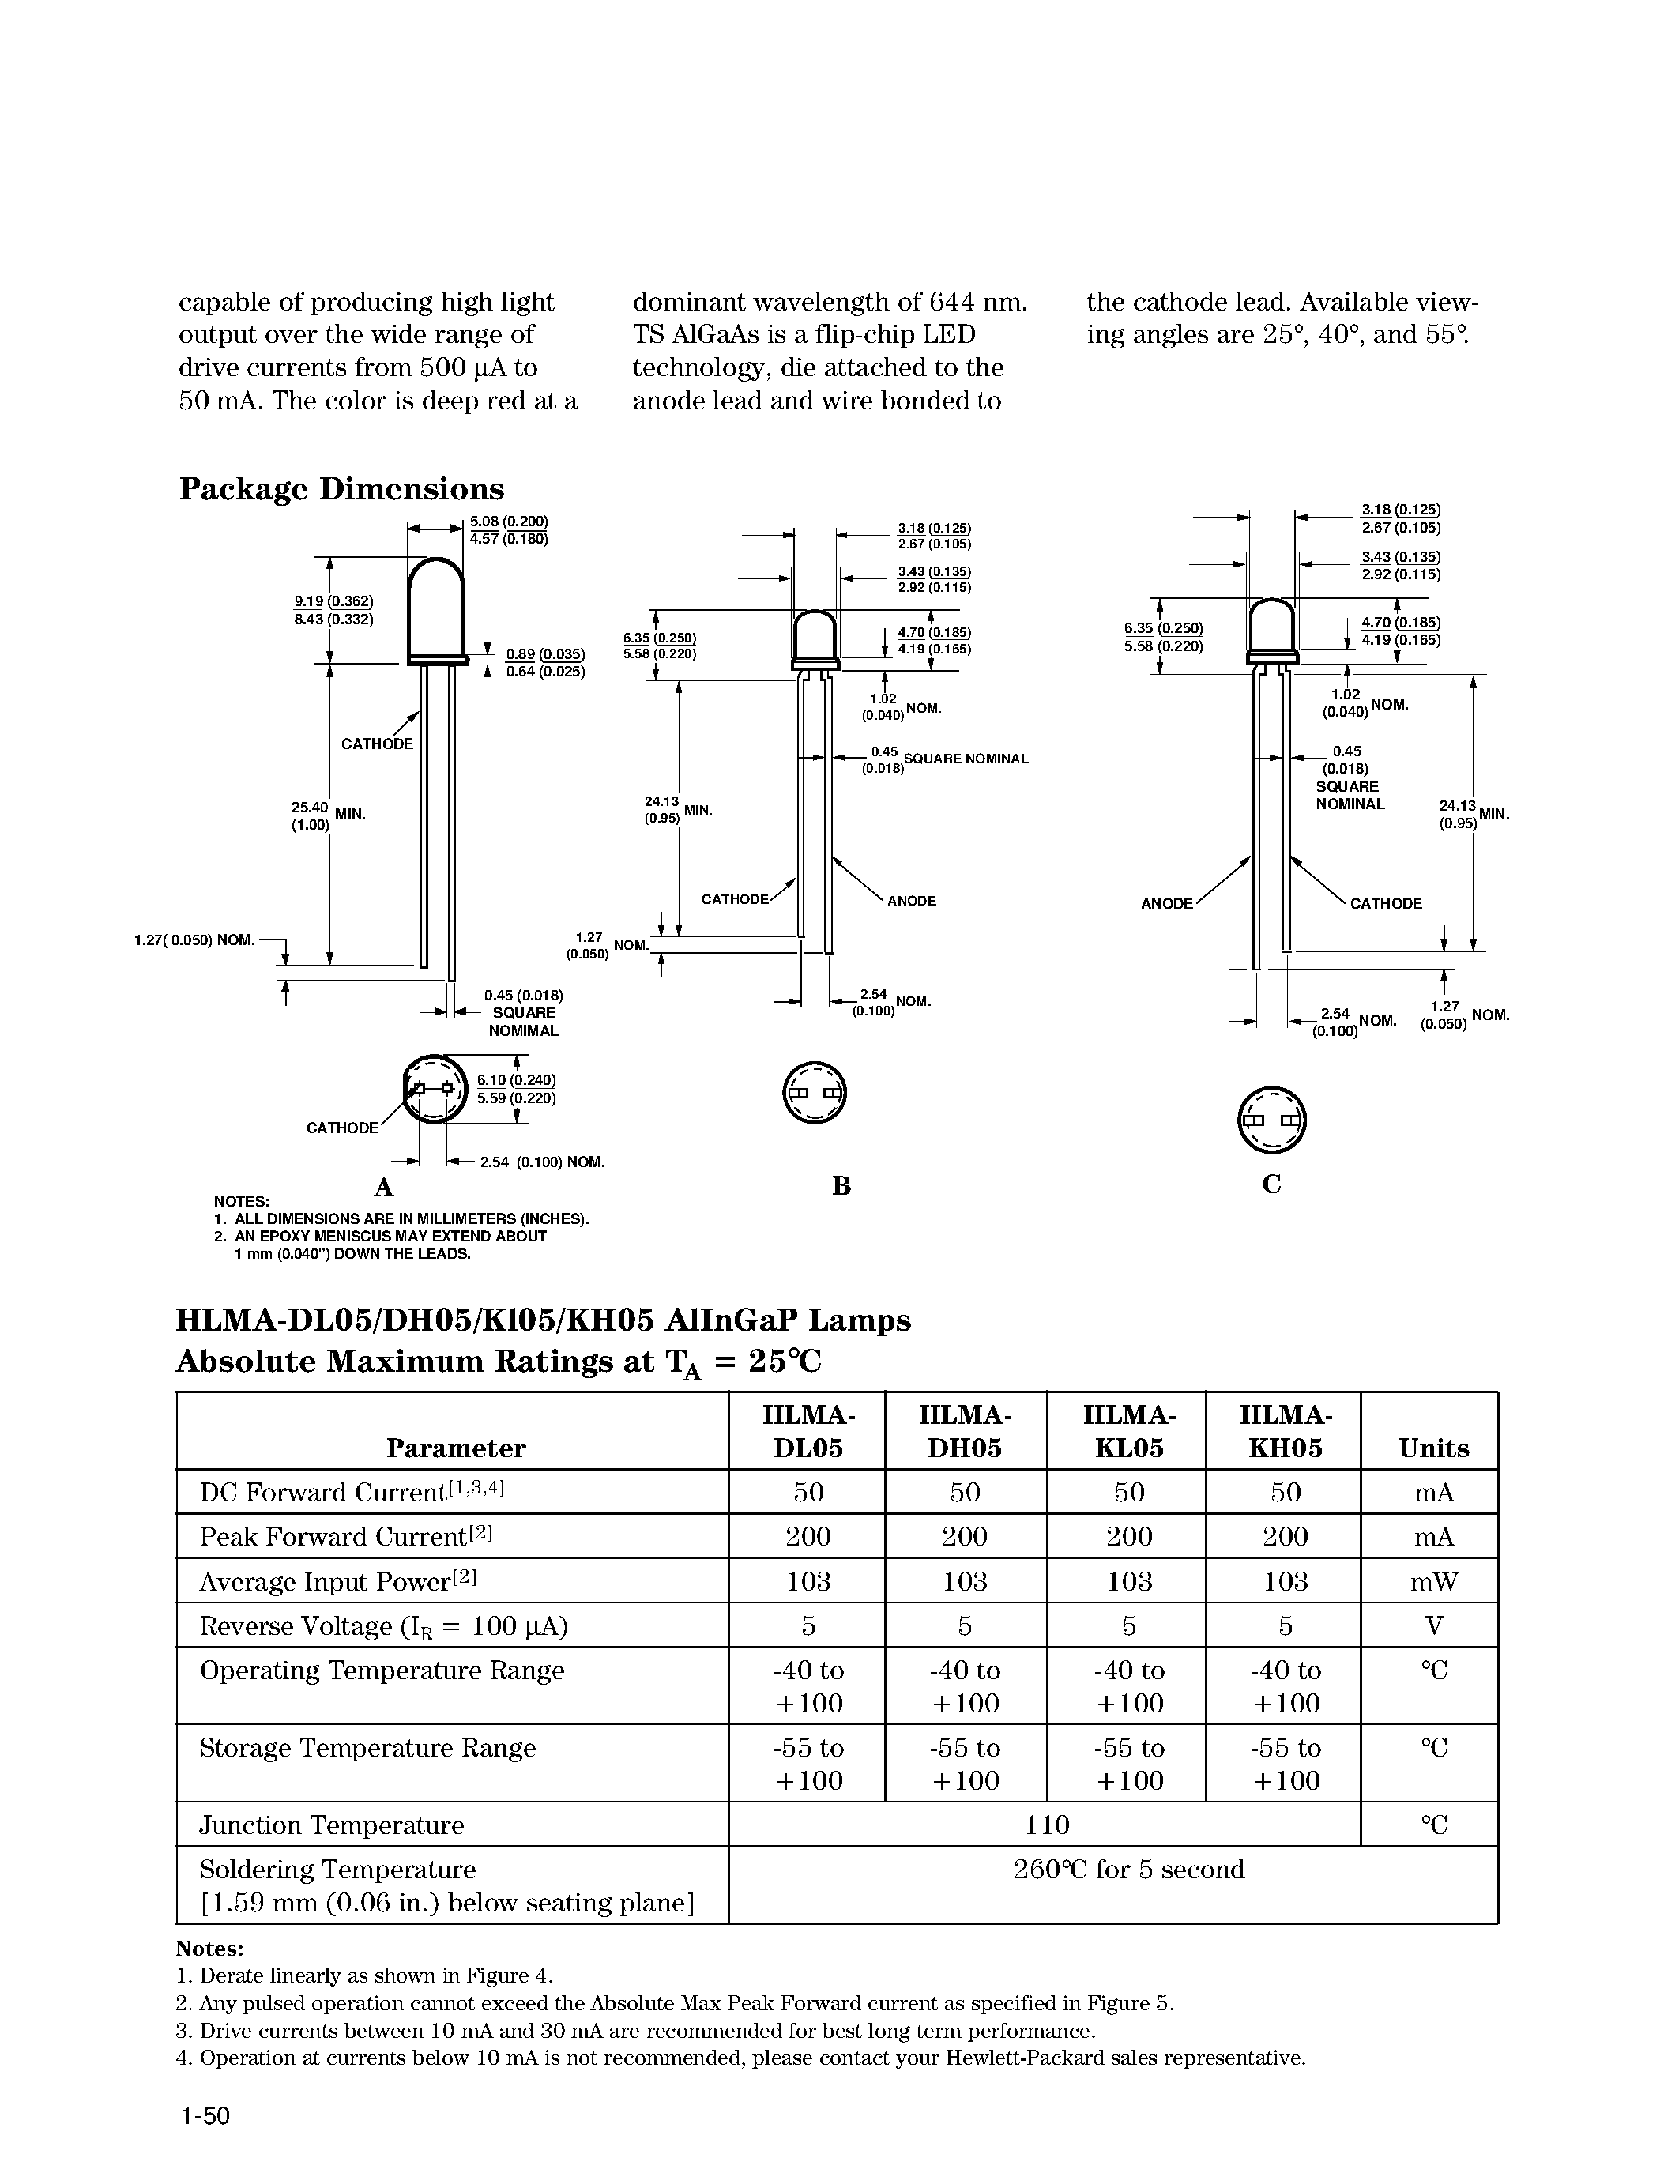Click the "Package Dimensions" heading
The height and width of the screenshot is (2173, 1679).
[x=341, y=488]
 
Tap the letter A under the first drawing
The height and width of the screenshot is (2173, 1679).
[x=383, y=1187]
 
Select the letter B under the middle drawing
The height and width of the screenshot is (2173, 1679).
[x=841, y=1185]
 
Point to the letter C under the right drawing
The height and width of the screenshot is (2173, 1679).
[x=1271, y=1184]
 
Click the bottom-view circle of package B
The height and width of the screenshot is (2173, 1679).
[x=814, y=1093]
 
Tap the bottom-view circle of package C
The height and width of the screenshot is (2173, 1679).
[x=1271, y=1120]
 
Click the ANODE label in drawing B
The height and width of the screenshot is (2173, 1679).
[x=911, y=901]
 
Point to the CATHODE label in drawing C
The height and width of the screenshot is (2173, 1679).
[x=1386, y=903]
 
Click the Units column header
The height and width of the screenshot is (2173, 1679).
[x=1433, y=1448]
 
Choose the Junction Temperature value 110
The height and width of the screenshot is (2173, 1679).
[x=1046, y=1824]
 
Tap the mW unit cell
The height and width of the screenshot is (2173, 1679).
[x=1433, y=1581]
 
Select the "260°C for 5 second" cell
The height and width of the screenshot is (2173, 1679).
[x=1129, y=1870]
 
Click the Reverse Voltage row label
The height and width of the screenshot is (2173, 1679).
[x=383, y=1625]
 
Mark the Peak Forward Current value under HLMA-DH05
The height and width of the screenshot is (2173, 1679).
[x=964, y=1536]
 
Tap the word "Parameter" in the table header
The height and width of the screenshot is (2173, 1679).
[x=456, y=1448]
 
